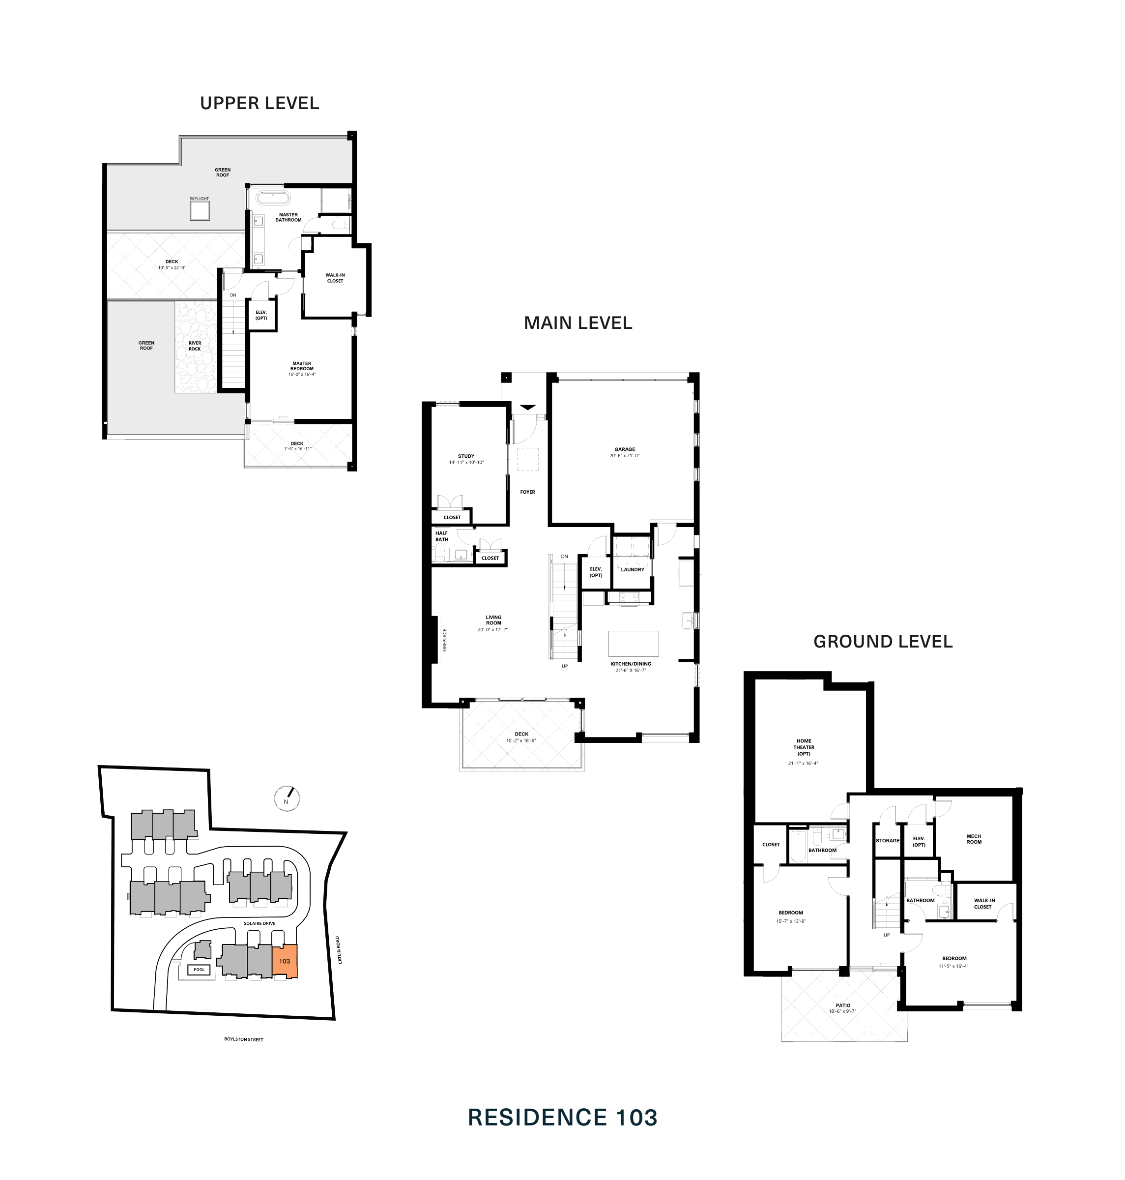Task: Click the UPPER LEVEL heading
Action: pos(259,103)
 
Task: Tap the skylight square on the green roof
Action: pos(200,210)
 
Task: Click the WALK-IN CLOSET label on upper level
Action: pos(335,278)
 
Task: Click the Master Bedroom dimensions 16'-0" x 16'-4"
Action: pos(302,374)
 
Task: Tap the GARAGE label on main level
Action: pos(624,449)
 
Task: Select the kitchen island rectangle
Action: pos(633,643)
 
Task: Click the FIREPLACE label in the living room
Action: pos(445,640)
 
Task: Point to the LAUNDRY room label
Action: pos(632,569)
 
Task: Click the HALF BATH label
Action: pos(441,536)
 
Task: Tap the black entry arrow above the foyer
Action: pos(527,407)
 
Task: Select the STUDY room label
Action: pos(466,456)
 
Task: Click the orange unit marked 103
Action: pos(285,961)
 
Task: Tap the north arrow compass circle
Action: pos(287,798)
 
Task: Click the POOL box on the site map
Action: pos(199,970)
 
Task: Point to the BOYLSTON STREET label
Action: pos(243,1039)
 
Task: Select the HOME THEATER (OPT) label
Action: pos(804,747)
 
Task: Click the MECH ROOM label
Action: pos(973,839)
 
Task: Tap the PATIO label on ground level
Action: pos(842,1005)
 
